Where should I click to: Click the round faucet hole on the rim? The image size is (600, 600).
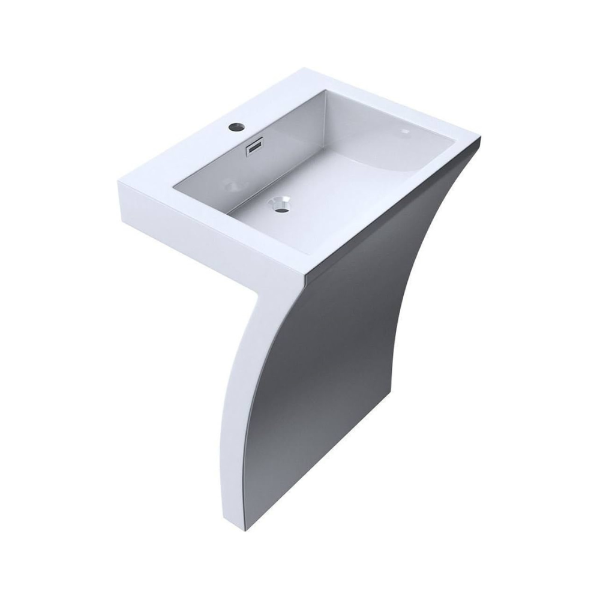coord(235,127)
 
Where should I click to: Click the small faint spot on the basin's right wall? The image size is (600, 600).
coord(406,130)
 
